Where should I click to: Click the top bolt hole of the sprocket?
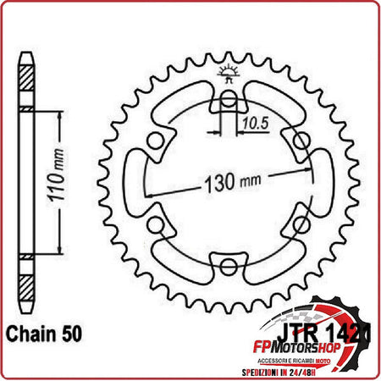(x=228, y=102)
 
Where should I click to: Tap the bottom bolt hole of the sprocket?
(x=228, y=268)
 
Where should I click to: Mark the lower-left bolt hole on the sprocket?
(x=156, y=224)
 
